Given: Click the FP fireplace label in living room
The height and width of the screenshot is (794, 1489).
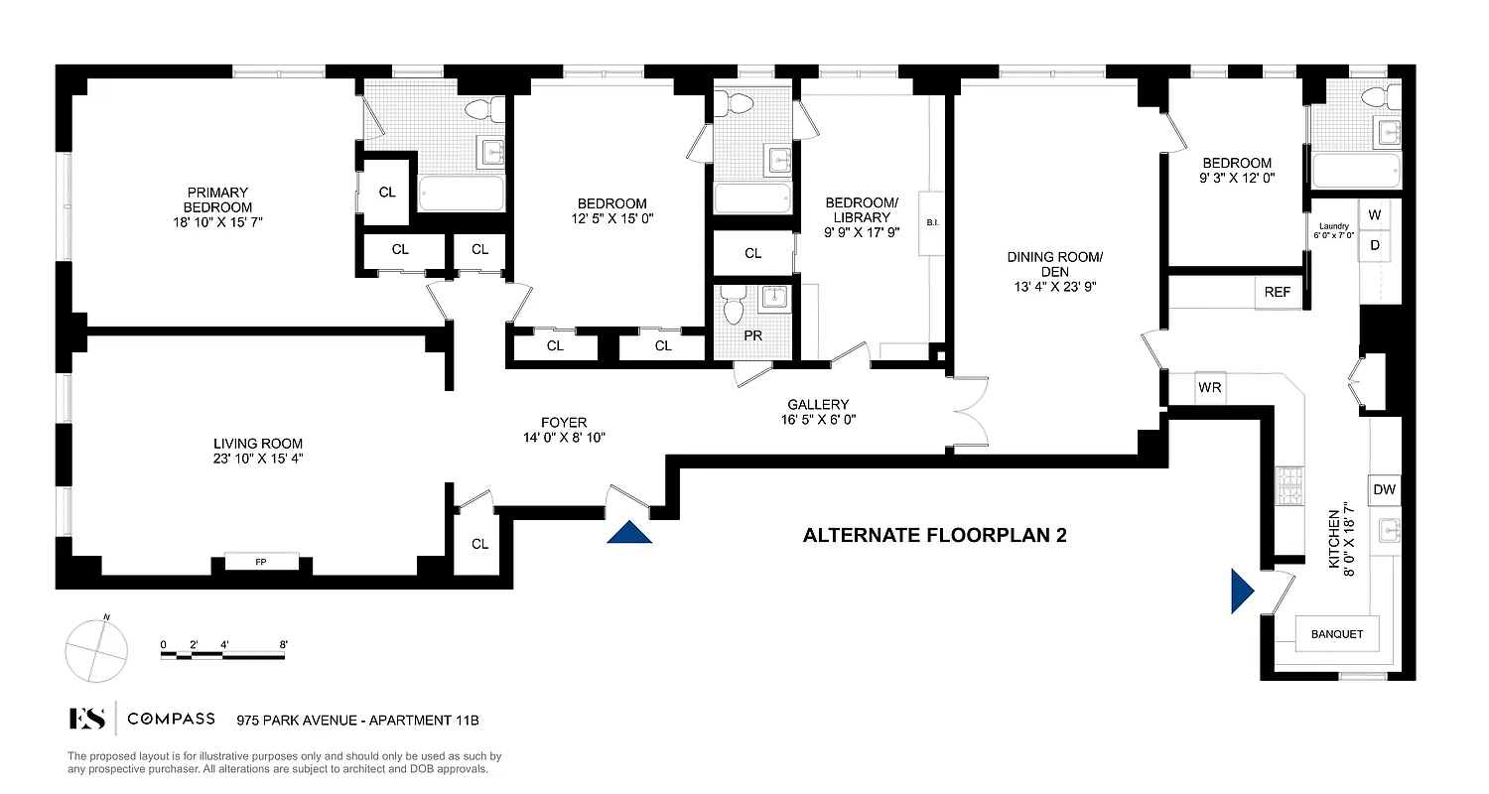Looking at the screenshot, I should coord(261,563).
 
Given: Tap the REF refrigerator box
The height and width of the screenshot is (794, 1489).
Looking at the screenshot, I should coord(1278,293).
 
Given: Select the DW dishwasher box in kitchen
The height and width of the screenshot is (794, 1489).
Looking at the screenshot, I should coord(1385,489).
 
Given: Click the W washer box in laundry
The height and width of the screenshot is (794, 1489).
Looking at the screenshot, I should coord(1375,214).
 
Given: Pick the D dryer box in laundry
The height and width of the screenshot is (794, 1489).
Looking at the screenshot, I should coord(1375,244).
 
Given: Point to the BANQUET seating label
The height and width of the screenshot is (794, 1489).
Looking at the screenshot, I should coord(1337,634).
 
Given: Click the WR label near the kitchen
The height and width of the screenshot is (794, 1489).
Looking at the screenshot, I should coord(1209,388).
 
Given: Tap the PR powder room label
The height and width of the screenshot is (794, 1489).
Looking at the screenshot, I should coord(753,335).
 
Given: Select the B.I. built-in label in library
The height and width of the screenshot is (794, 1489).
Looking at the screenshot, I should coord(932,222).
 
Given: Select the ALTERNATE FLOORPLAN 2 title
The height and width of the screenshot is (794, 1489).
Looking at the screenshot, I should coord(934,536).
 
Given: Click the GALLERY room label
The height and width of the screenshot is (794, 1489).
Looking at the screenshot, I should coord(818,404).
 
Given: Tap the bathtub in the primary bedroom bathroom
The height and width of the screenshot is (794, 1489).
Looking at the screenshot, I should coord(460,194).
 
